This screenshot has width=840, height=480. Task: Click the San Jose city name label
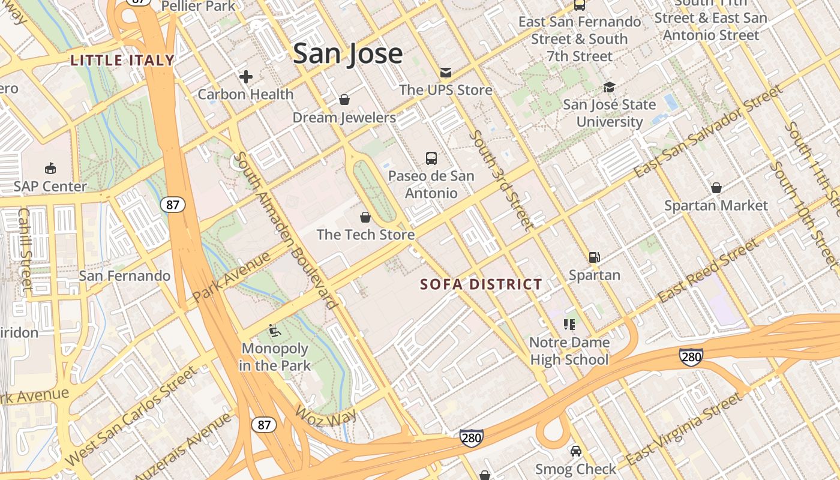[x=347, y=53]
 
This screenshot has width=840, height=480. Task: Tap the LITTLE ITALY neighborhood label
[x=122, y=60]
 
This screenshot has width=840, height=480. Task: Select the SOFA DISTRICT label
[x=481, y=284]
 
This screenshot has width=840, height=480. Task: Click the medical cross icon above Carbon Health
[x=245, y=77]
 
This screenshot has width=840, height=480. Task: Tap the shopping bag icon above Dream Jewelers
[x=344, y=100]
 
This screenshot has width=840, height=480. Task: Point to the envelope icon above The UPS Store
[x=445, y=73]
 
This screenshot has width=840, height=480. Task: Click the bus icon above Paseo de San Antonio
[x=431, y=158]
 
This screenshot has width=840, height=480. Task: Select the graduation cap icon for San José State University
[x=609, y=88]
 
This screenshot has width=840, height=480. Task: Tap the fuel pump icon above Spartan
[x=594, y=257]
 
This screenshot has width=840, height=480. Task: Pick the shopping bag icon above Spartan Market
[x=716, y=188]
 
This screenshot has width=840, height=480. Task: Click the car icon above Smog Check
[x=575, y=451]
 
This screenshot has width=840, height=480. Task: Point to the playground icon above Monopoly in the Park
[x=274, y=331]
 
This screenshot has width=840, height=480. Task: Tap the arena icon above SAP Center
[x=50, y=169]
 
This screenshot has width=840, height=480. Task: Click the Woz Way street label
[x=326, y=414]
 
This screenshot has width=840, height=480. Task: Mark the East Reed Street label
[x=708, y=272]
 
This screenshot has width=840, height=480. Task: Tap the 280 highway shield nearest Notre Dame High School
[x=691, y=356]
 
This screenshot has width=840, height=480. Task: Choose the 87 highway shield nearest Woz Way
[x=264, y=425]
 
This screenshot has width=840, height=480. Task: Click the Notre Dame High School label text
[x=569, y=351]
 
